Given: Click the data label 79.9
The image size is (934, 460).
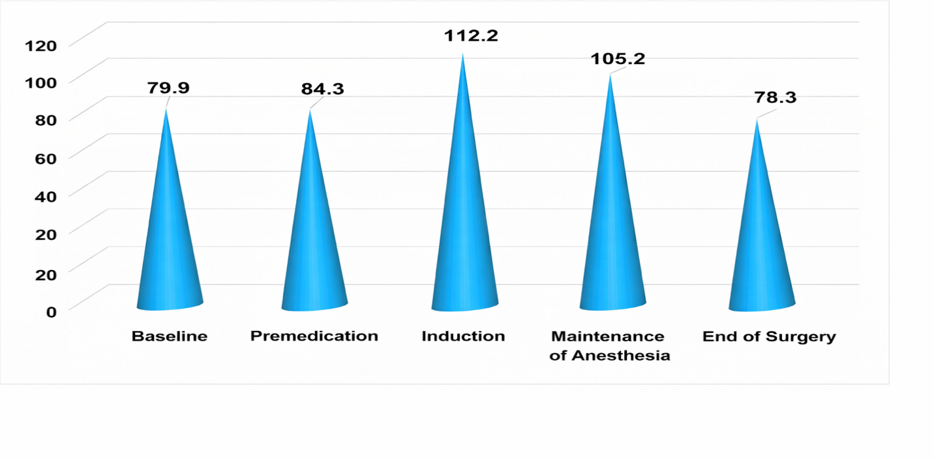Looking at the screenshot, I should click(168, 88).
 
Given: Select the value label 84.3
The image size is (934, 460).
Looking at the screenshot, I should click(322, 88).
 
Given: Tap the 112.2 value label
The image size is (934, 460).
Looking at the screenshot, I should click(472, 35).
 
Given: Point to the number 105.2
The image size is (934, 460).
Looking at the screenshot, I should click(618, 59).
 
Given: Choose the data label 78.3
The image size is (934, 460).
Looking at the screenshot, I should click(775, 98).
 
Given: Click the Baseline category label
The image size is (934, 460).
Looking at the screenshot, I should click(170, 337).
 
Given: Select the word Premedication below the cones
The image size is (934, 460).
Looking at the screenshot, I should click(314, 336).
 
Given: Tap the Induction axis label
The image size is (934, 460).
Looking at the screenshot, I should click(463, 337).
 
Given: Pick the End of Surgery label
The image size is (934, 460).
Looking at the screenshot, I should click(769, 337).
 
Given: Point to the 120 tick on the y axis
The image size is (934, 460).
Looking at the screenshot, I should click(41, 45).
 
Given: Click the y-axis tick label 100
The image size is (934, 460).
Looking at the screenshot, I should click(41, 82).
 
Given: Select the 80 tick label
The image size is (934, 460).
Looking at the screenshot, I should click(46, 120).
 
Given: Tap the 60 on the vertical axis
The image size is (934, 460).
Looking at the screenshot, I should click(46, 158).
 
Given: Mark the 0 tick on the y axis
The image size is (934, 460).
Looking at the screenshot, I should click(51, 311).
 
